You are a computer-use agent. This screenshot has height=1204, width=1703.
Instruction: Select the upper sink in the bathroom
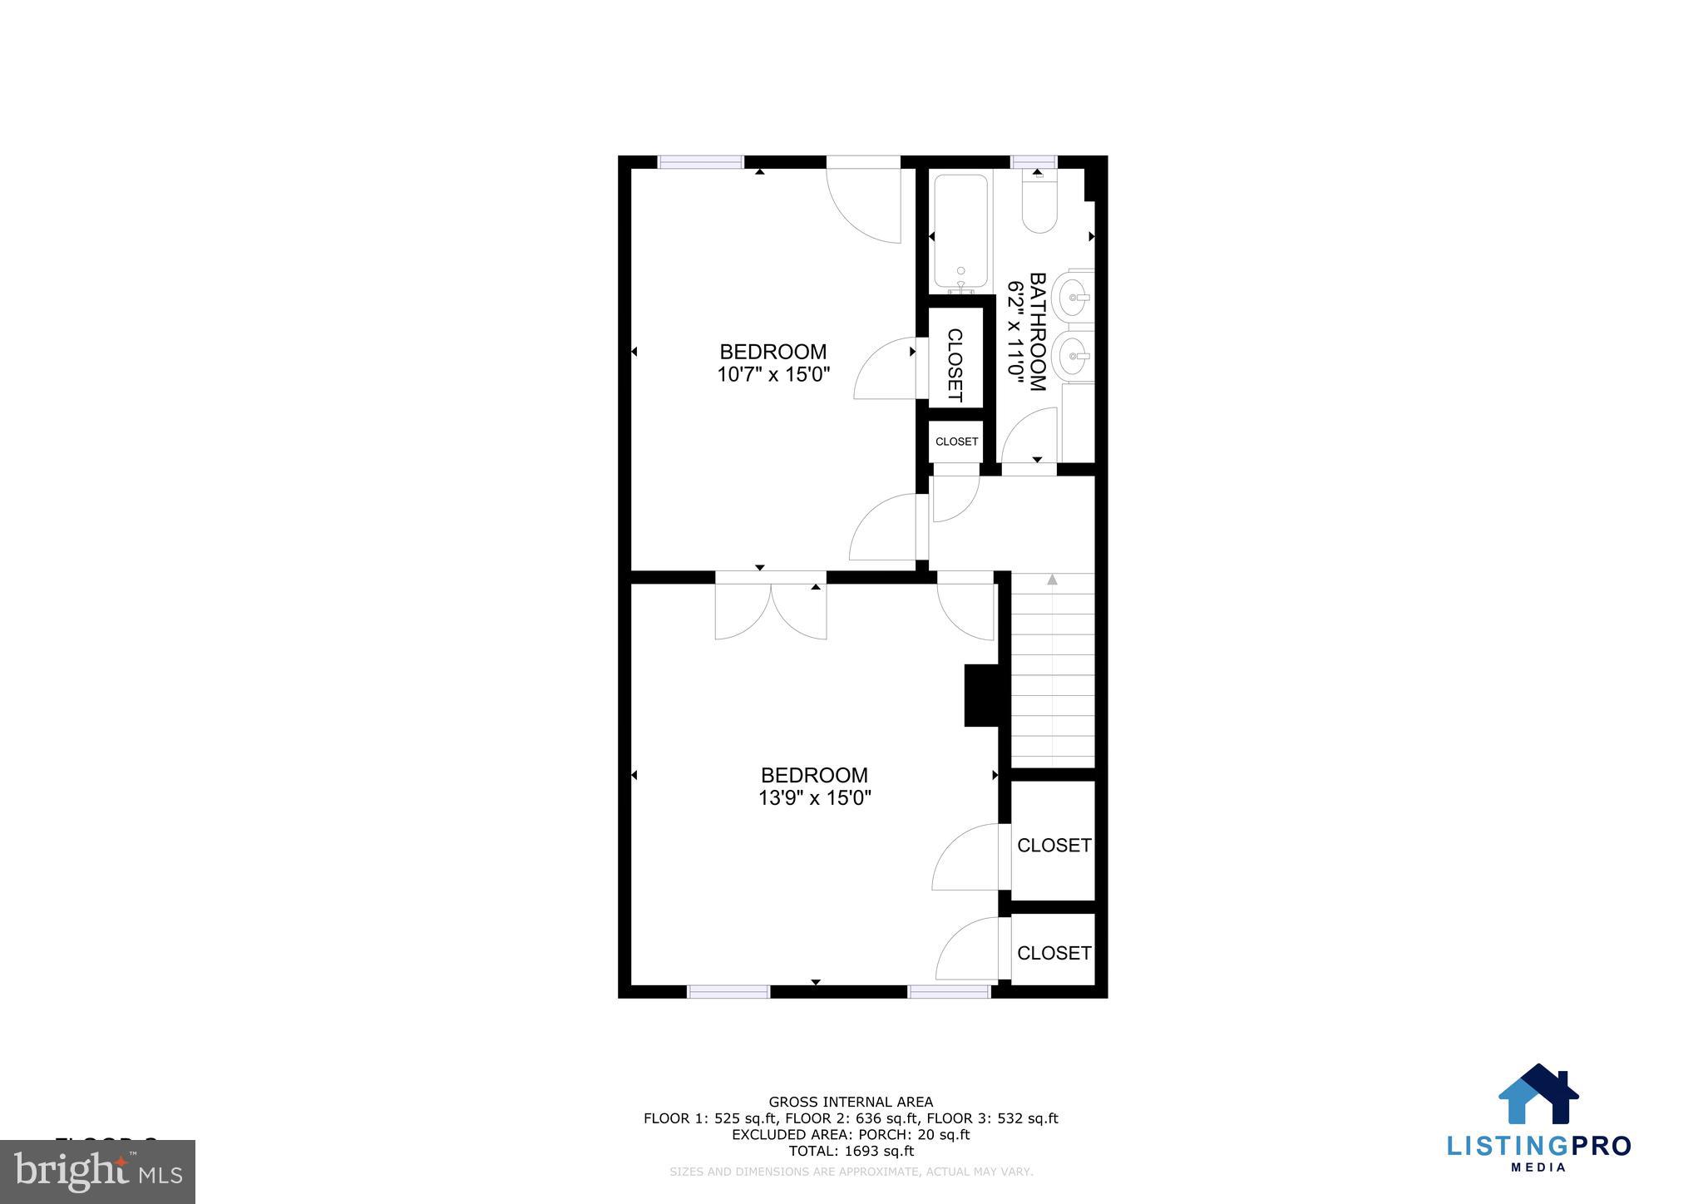(1072, 297)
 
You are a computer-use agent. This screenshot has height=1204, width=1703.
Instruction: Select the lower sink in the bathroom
(1072, 356)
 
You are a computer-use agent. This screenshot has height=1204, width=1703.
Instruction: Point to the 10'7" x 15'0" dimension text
(773, 375)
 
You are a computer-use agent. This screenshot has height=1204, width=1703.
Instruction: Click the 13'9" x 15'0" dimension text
(814, 799)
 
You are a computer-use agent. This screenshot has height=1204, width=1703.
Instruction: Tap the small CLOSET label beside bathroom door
(956, 442)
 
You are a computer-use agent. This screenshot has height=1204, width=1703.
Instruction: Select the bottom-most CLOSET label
(1054, 953)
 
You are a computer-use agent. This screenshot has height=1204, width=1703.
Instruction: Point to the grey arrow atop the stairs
(1052, 580)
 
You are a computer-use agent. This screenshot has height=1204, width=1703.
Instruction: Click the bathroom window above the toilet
(1034, 161)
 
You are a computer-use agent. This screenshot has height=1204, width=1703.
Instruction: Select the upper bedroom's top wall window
(700, 162)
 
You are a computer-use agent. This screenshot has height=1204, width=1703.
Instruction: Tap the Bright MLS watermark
(97, 1172)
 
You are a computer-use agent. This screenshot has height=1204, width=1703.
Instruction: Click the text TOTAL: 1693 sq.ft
(851, 1152)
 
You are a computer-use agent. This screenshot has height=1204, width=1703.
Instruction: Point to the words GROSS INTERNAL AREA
(851, 1103)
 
